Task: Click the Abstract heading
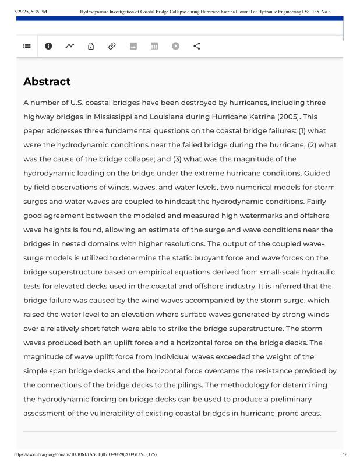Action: click(47, 82)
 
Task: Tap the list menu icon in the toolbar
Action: click(27, 46)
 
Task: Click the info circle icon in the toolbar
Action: click(48, 46)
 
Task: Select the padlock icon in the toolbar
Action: click(91, 46)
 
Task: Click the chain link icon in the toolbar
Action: click(112, 46)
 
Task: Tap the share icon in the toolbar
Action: click(196, 46)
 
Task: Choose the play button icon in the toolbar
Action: click(175, 46)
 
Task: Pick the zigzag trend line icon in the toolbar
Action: click(70, 46)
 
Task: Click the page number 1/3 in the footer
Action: click(343, 454)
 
